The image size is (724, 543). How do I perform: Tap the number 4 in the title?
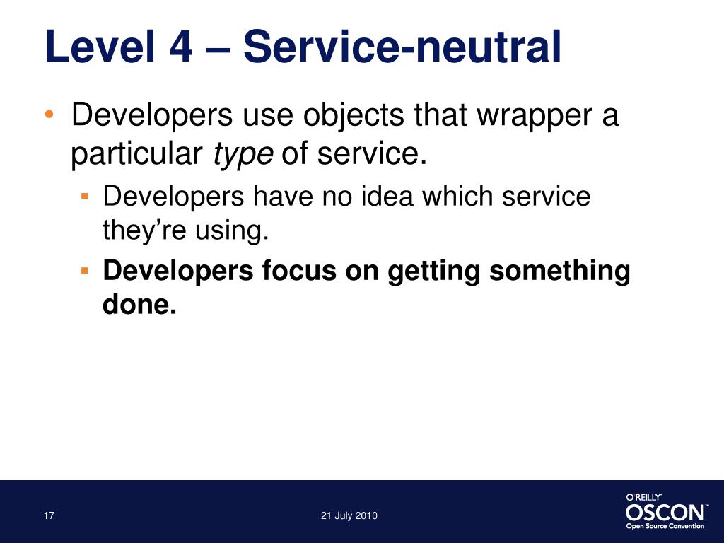[x=180, y=47]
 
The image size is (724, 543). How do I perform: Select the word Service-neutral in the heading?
[x=402, y=47]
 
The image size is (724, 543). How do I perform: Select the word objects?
[x=354, y=115]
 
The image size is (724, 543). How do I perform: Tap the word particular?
[x=136, y=153]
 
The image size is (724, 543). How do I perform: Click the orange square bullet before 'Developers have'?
[x=84, y=197]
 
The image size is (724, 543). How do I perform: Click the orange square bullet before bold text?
[x=84, y=270]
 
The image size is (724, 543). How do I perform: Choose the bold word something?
[x=560, y=271]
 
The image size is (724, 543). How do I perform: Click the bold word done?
[x=139, y=304]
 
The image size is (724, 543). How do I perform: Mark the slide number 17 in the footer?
[x=49, y=515]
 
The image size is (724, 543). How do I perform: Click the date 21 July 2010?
[x=349, y=515]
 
